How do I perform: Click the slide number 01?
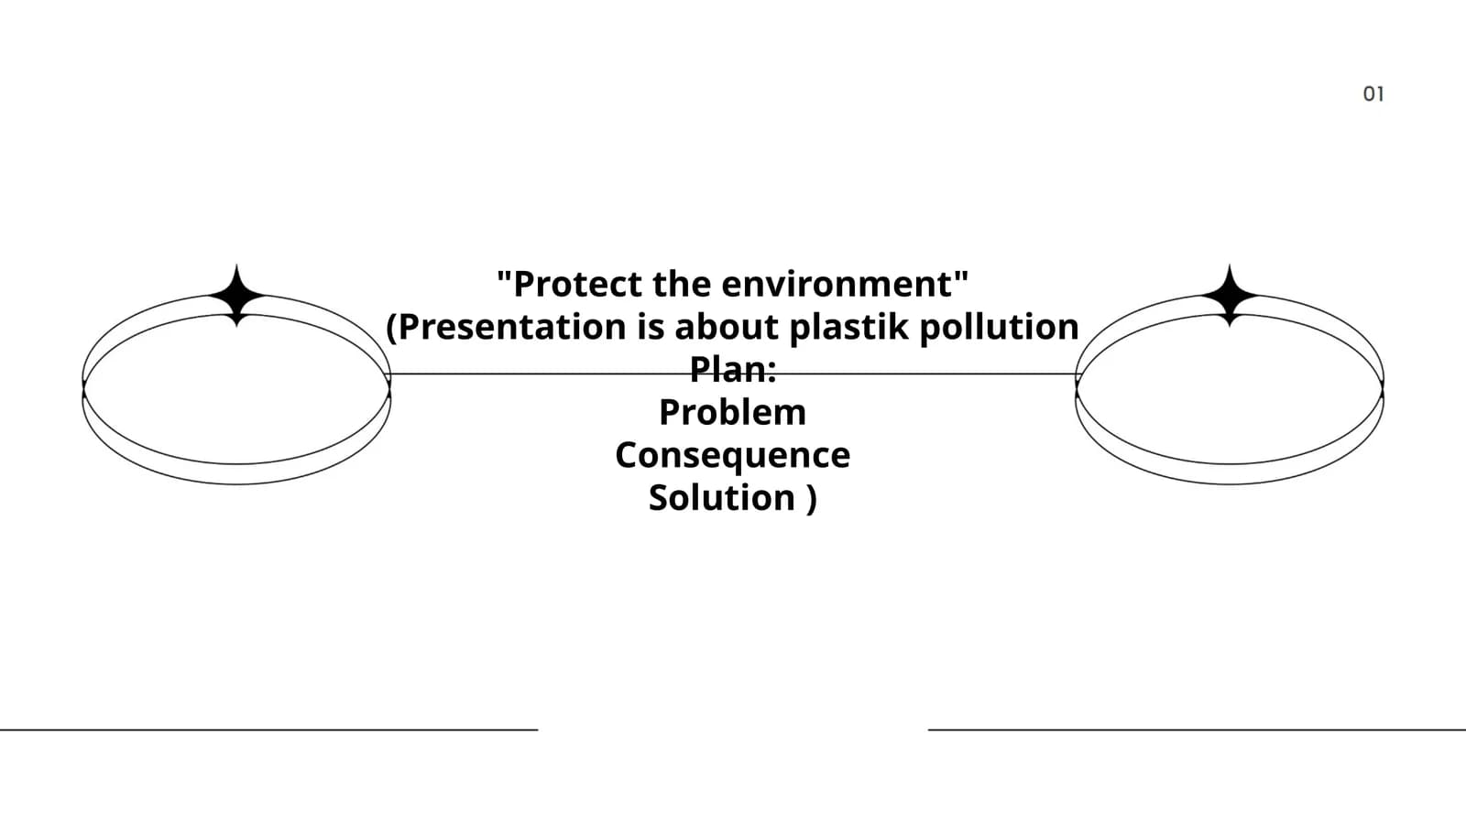tap(1373, 94)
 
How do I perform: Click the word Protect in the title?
tap(578, 284)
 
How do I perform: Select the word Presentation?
tap(512, 327)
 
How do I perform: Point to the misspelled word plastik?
tap(848, 328)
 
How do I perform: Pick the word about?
tap(727, 327)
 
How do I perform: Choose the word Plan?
tap(733, 370)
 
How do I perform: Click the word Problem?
tap(732, 412)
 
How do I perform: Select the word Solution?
tap(721, 498)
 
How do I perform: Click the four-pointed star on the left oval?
tap(237, 296)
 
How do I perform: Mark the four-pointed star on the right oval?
tap(1229, 296)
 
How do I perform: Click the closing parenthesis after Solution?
tap(812, 499)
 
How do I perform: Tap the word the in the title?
tap(682, 284)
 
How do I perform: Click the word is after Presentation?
tap(651, 327)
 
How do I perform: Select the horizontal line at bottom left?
tap(269, 729)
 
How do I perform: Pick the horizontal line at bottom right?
tap(1197, 729)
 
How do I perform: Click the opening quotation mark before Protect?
tap(504, 276)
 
